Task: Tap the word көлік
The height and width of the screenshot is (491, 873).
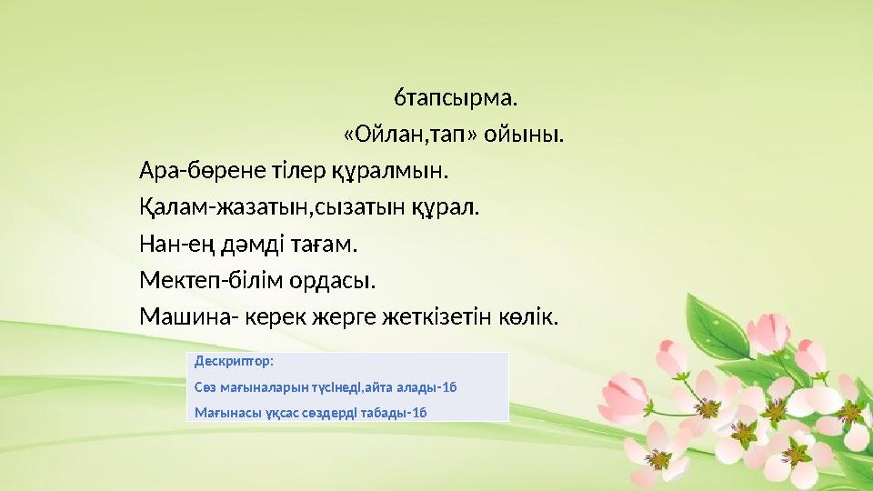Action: tap(529, 317)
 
